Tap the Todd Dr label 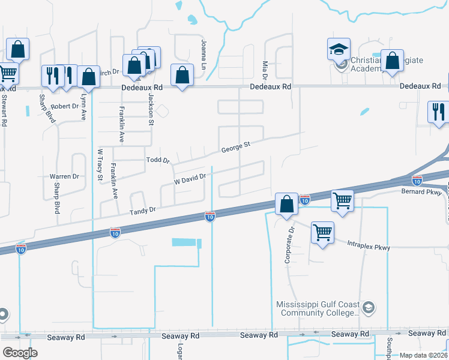click(158, 160)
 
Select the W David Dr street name click(190, 179)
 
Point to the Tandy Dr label click(143, 211)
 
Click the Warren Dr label click(64, 176)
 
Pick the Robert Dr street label click(65, 106)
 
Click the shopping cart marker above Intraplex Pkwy click(323, 232)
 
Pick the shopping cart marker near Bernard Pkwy click(342, 200)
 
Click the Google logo click(20, 353)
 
